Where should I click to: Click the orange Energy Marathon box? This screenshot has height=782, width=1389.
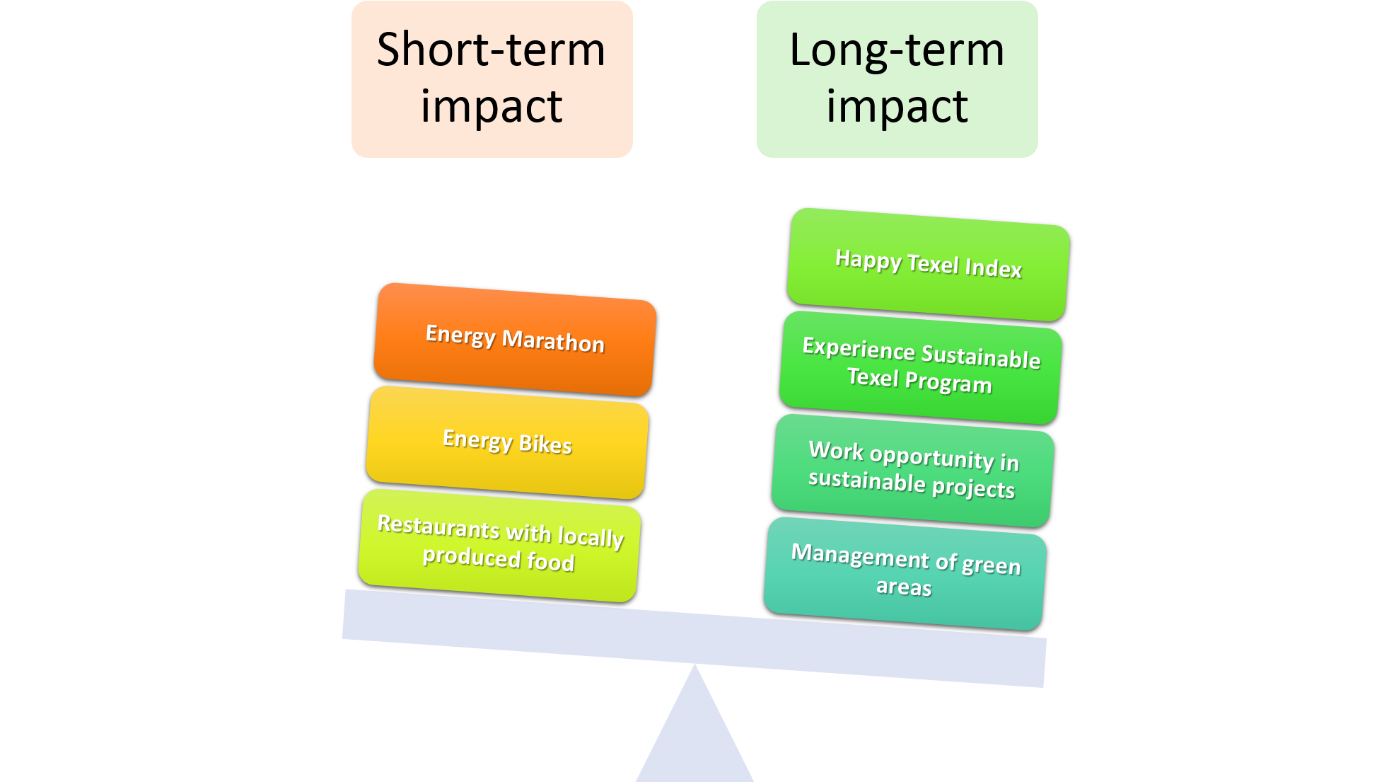click(515, 339)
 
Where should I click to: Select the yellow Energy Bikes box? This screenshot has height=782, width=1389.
click(506, 442)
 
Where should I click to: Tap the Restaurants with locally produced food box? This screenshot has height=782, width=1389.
click(499, 545)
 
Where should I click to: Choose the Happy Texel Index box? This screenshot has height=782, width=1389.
click(928, 264)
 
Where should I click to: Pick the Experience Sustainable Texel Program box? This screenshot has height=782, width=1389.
click(920, 367)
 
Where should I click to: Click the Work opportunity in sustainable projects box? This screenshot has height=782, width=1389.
click(912, 470)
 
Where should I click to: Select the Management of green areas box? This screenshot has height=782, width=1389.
click(905, 573)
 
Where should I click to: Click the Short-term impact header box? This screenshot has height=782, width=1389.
click(492, 79)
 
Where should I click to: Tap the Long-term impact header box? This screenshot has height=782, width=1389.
click(897, 79)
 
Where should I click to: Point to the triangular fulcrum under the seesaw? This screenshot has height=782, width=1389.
click(695, 736)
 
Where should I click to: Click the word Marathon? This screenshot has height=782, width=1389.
click(553, 342)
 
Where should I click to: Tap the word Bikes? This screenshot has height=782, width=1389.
click(545, 444)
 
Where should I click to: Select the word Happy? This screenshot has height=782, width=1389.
click(868, 260)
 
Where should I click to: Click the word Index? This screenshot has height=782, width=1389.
click(993, 268)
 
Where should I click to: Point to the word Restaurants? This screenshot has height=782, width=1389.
click(438, 527)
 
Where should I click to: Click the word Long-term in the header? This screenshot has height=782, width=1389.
click(896, 51)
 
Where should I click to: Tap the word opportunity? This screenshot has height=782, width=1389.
click(931, 457)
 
